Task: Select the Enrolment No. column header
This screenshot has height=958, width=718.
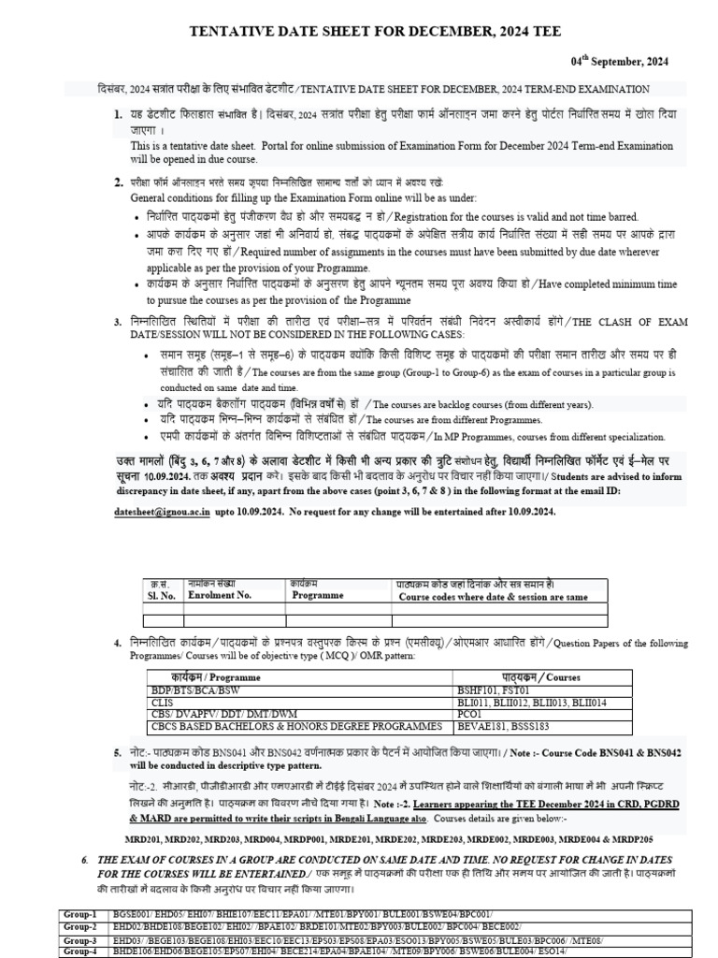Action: [220, 594]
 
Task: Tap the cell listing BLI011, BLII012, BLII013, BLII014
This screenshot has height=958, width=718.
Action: [526, 702]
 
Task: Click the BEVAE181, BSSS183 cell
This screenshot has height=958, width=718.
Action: [501, 726]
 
